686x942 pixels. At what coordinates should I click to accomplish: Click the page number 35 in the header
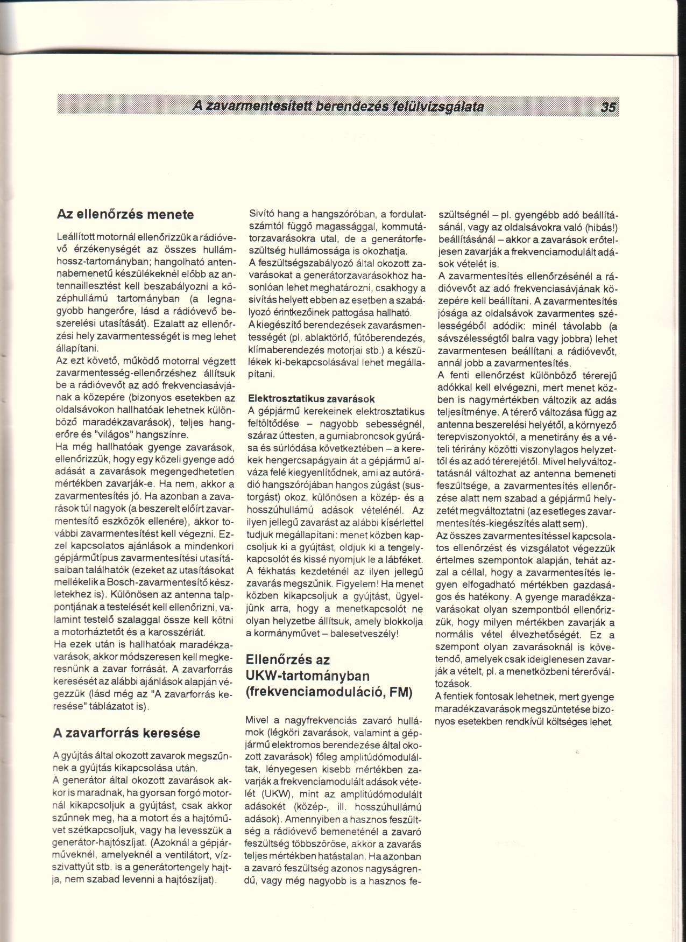coord(609,107)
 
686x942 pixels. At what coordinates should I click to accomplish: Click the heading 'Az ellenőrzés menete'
coord(125,214)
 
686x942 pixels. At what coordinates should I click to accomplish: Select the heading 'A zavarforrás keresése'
coord(126,733)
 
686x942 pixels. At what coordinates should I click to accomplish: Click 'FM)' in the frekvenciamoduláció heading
coord(400,692)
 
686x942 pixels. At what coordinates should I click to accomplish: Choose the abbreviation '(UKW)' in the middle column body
coord(276,794)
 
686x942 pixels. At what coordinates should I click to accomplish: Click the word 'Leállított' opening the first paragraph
coord(75,238)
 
